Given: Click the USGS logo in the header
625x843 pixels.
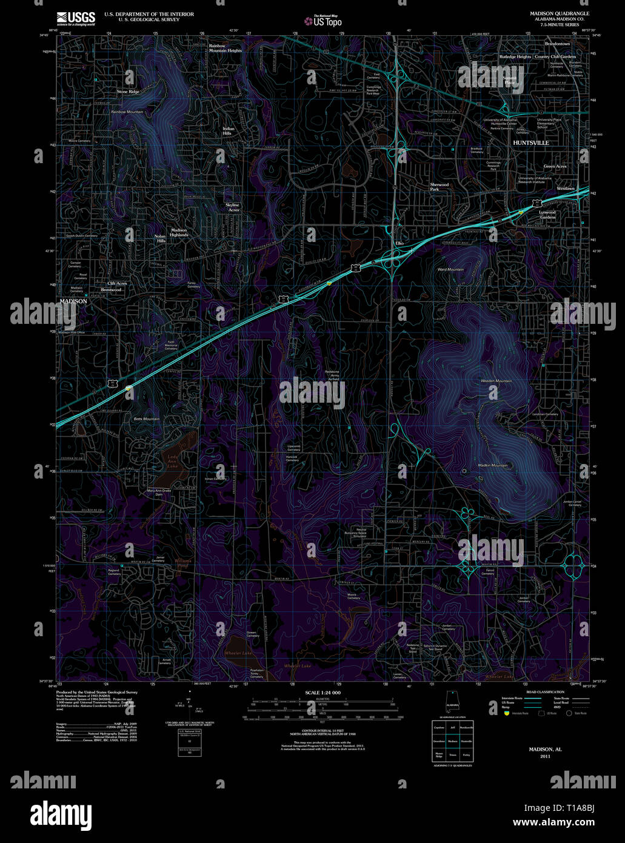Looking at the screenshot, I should [x=76, y=18].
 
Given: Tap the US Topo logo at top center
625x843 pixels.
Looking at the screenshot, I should [x=324, y=21].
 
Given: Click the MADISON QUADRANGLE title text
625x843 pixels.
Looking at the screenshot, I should [x=559, y=13].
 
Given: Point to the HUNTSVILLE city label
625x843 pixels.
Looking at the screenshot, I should [x=530, y=143].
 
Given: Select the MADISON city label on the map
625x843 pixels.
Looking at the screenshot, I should [x=73, y=301].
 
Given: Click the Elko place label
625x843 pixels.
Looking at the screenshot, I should [x=399, y=243].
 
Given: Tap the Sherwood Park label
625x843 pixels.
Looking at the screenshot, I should [x=439, y=187].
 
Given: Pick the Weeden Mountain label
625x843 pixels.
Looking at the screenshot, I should [x=496, y=381].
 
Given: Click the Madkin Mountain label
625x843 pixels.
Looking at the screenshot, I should [x=492, y=465].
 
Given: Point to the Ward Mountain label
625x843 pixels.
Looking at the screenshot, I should [x=450, y=269].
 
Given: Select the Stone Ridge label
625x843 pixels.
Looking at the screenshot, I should [x=128, y=92].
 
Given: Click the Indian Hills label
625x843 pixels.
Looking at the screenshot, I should [x=228, y=131].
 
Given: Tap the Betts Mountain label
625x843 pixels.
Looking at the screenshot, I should [x=146, y=419].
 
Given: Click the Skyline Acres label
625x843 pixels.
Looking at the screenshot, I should [x=232, y=207].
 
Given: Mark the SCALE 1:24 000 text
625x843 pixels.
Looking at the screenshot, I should [x=323, y=693].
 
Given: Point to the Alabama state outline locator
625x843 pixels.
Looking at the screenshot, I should [x=452, y=700].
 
